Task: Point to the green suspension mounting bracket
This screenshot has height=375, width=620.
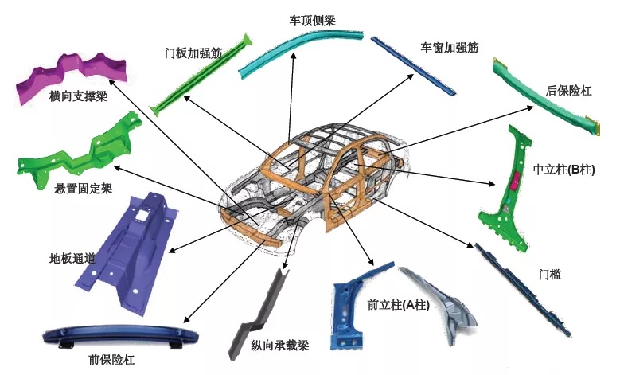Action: (80, 151)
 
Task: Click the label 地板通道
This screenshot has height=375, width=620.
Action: (72, 258)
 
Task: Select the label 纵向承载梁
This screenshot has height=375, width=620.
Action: (279, 345)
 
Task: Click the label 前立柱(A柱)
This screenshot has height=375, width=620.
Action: (398, 304)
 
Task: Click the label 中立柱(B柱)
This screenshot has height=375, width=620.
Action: (564, 170)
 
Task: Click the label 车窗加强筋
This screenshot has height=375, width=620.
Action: (449, 48)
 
